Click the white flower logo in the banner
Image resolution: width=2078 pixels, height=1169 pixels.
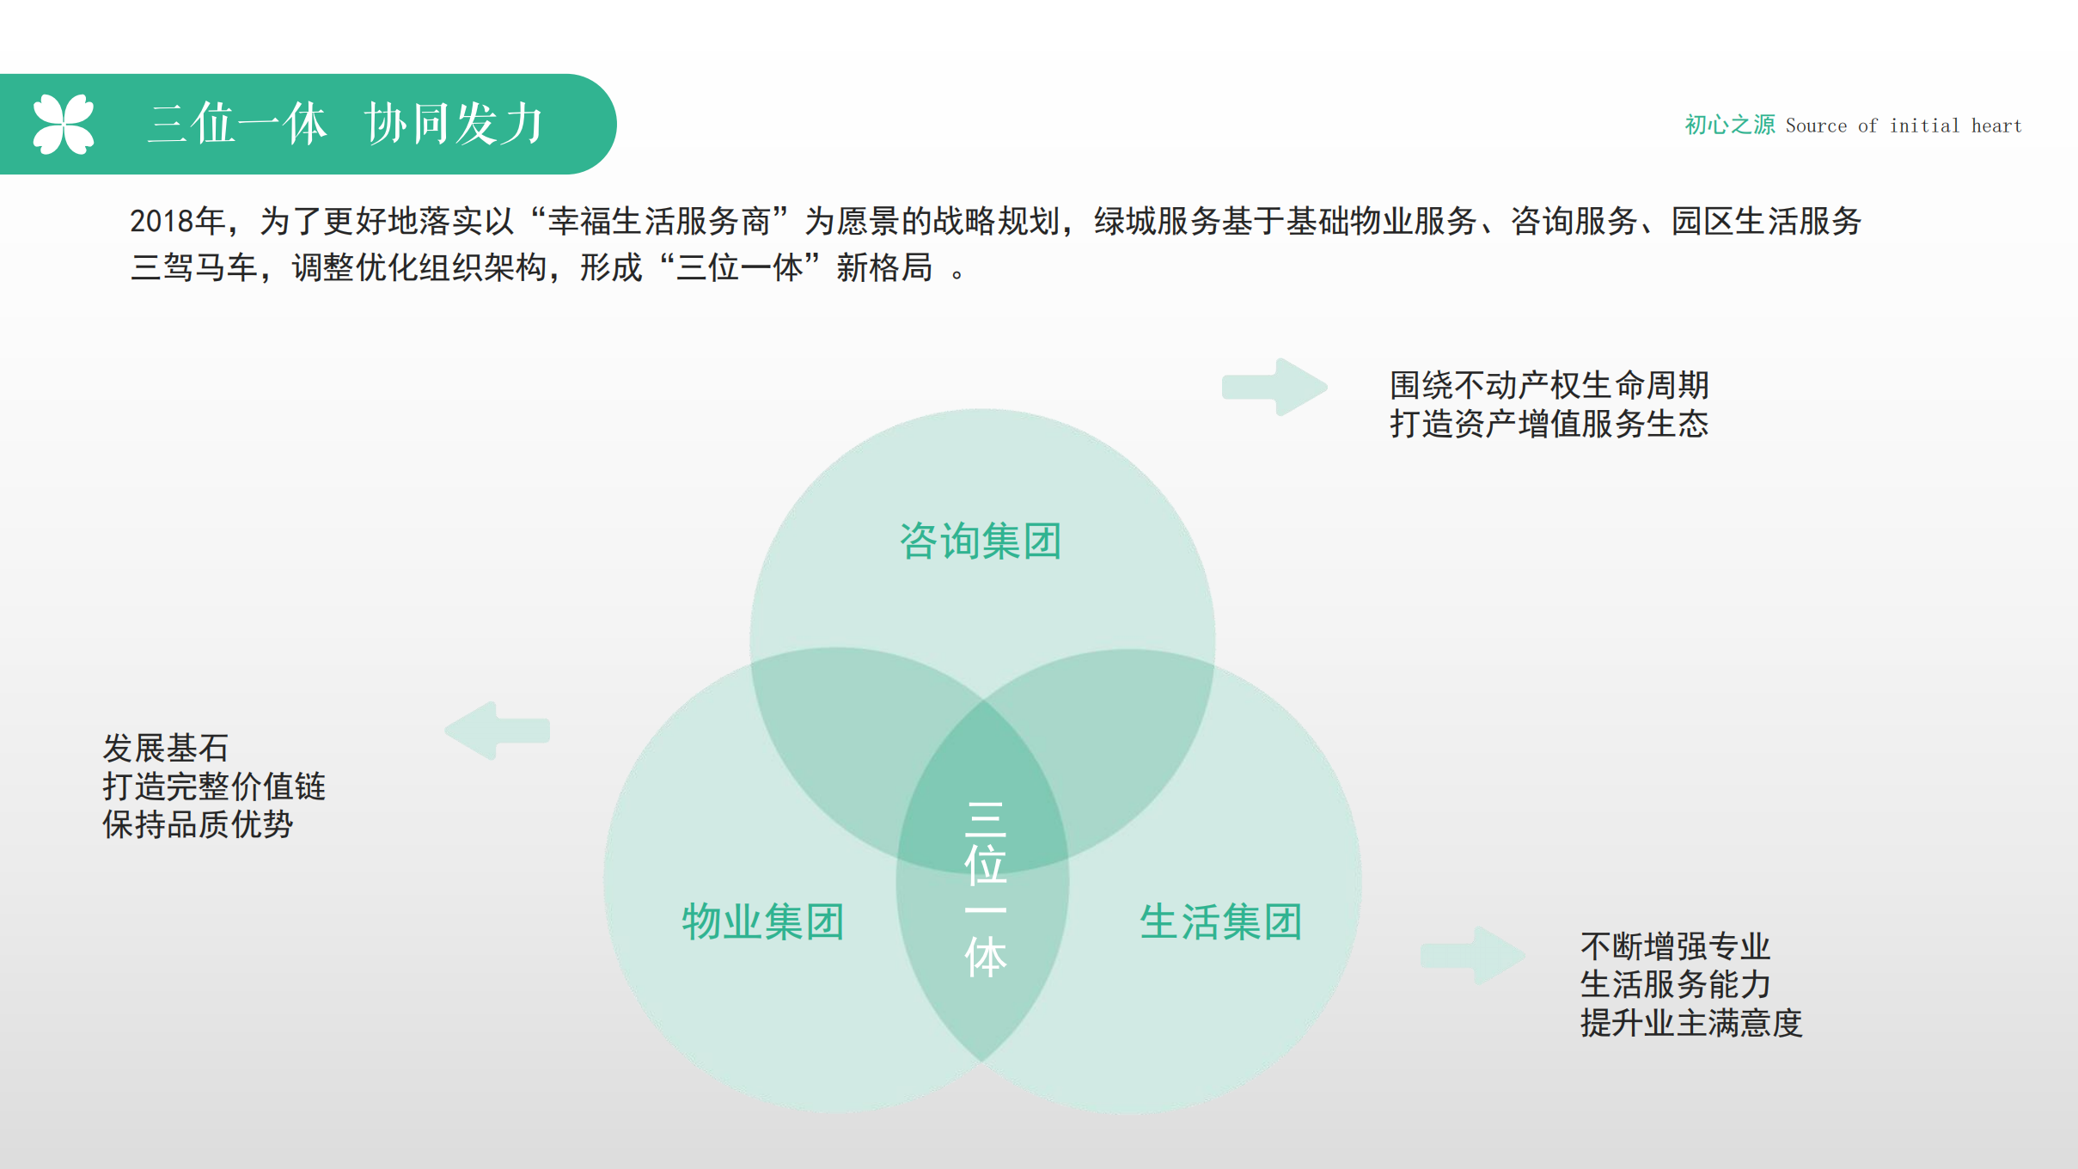coord(63,125)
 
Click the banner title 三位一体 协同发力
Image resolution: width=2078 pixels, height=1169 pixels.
coord(346,124)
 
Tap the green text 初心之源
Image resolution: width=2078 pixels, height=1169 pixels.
coord(1729,125)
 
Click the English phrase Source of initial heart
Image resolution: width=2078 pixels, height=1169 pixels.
coord(1904,125)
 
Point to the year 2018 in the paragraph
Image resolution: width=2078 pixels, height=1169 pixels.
coord(162,222)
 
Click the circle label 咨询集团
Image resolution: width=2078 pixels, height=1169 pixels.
coord(981,542)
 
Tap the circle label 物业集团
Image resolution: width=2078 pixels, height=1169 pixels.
coord(763,922)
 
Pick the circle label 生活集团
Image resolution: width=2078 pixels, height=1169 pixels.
coord(1221,922)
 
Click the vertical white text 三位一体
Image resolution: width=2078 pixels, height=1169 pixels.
coord(985,890)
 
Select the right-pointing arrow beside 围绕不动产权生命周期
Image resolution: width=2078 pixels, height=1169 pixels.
coord(1275,387)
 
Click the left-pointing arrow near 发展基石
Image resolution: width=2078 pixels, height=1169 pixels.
coord(498,731)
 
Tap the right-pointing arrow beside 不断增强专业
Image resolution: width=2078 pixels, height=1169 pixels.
coord(1473,955)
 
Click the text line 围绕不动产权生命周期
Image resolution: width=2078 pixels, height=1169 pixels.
coord(1549,385)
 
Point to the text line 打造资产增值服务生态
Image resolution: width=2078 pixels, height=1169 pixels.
coord(1549,424)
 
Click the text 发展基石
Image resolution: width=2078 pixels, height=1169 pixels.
coord(166,748)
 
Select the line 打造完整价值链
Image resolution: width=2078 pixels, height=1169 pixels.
coord(214,786)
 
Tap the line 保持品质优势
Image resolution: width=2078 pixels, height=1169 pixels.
coord(198,824)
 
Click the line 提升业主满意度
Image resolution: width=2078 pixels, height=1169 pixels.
coord(1691,1023)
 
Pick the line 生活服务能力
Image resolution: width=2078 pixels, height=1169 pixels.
coord(1676,984)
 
